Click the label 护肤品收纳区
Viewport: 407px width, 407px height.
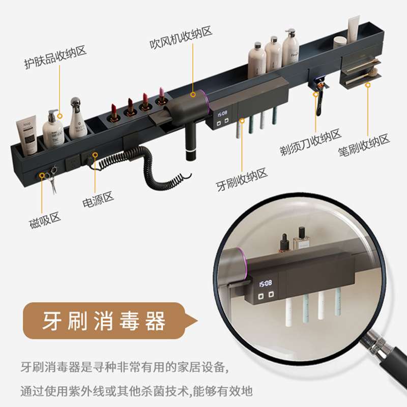(x=55, y=57)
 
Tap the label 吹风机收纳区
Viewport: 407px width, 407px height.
(x=181, y=37)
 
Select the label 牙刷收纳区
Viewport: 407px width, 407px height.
(x=242, y=179)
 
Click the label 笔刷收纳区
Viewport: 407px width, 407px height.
(x=364, y=145)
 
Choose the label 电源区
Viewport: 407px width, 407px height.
(x=98, y=199)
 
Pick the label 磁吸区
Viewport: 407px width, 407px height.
(x=45, y=220)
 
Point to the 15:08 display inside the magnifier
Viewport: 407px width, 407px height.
(x=266, y=283)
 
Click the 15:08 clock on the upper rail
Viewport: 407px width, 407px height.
(x=222, y=113)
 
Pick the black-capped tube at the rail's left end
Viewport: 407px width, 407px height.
(x=26, y=135)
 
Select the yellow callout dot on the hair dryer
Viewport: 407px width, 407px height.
(x=193, y=95)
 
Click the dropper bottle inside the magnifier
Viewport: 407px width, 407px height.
(x=284, y=243)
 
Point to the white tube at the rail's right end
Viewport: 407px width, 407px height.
(x=354, y=29)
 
